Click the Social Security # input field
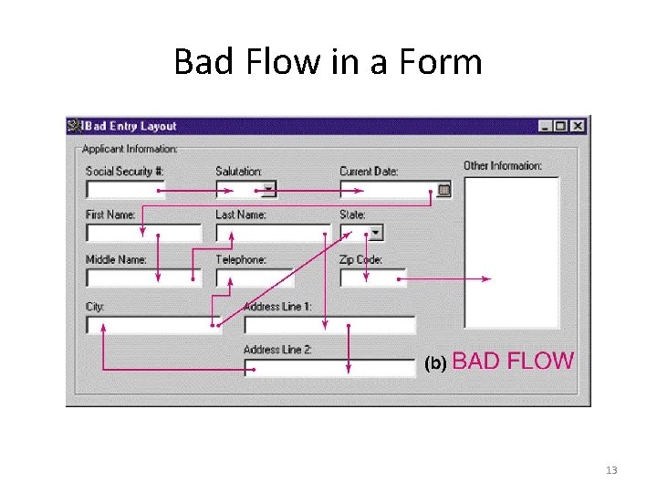(x=125, y=190)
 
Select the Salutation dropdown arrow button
(x=268, y=190)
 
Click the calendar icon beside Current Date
(x=443, y=190)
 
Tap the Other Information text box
(x=511, y=251)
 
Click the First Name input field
(x=143, y=233)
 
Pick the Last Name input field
(x=272, y=233)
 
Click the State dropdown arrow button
(x=375, y=233)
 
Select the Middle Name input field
(x=143, y=278)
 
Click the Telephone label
(x=241, y=260)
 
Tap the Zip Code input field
(x=372, y=278)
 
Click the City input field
(x=153, y=325)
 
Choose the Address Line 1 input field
(x=329, y=325)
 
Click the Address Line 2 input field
(x=329, y=367)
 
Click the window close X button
(x=577, y=126)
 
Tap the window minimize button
(x=545, y=126)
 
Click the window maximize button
(x=560, y=126)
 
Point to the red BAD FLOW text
(x=513, y=361)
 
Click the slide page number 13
(x=611, y=470)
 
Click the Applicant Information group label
(x=130, y=149)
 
